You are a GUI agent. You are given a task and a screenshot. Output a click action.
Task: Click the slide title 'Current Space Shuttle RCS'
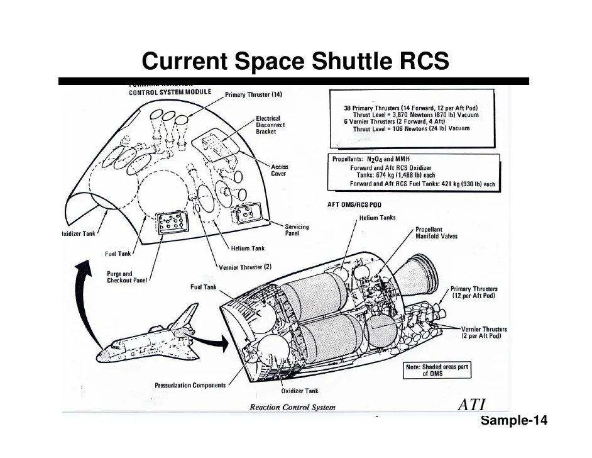coord(295,62)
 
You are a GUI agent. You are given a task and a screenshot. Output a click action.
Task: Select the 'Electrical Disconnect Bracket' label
coord(271,125)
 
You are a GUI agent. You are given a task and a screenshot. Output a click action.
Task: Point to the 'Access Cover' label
coord(280,170)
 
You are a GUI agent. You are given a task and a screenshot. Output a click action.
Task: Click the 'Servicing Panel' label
coord(297,230)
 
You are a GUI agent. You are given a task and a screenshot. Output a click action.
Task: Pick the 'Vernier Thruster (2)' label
coord(245,266)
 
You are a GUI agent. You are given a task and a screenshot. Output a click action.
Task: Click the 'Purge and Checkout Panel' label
coord(126,277)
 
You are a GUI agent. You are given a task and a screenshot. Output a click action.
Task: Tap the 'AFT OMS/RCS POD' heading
coord(354,204)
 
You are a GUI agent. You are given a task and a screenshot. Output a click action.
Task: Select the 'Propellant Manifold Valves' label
coord(436,233)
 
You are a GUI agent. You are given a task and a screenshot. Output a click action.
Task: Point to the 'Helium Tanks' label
coord(377,218)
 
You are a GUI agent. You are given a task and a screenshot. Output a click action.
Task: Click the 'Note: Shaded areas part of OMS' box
coord(437,370)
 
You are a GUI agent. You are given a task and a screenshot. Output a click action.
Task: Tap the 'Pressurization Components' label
coord(190,385)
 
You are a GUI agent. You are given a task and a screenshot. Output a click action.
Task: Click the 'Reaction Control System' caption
coord(292,407)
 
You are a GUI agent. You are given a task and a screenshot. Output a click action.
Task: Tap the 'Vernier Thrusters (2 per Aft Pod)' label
coord(484,333)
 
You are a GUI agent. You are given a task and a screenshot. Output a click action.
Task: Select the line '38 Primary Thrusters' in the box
coord(411,108)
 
